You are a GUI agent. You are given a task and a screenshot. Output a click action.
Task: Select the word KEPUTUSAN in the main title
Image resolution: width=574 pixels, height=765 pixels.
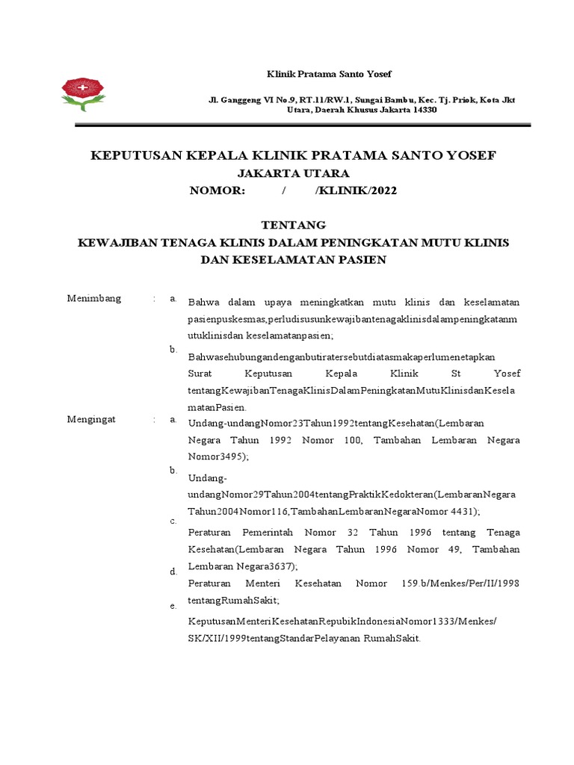[138, 155]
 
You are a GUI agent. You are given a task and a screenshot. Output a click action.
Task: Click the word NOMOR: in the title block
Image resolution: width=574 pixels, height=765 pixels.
[217, 191]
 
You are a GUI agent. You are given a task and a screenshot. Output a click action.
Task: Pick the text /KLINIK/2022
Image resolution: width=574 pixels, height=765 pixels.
[357, 191]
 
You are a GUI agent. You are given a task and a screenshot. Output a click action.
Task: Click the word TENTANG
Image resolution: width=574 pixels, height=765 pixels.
[293, 225]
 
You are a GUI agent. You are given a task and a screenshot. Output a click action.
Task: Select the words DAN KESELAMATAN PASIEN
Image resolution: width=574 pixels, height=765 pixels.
[293, 260]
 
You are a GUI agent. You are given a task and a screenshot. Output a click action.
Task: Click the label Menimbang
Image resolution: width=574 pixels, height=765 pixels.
[93, 299]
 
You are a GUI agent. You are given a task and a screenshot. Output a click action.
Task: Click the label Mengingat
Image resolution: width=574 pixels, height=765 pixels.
[93, 420]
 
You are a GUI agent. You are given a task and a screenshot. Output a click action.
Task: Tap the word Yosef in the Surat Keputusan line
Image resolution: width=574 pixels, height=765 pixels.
[507, 373]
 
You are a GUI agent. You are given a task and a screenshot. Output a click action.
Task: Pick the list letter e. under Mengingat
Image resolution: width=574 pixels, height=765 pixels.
[173, 606]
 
